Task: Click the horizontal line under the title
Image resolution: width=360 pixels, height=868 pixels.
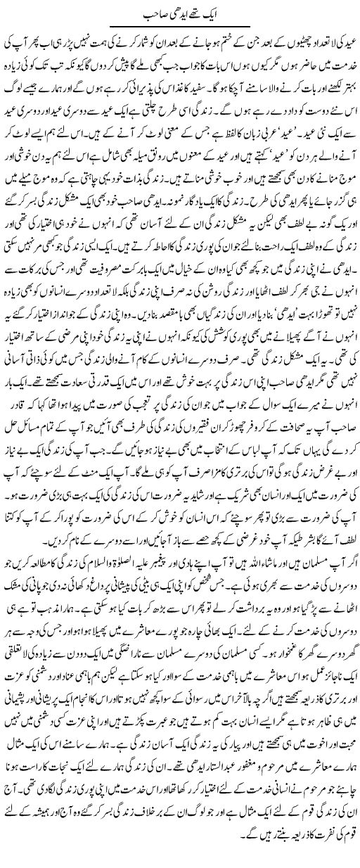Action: pyautogui.click(x=179, y=25)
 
